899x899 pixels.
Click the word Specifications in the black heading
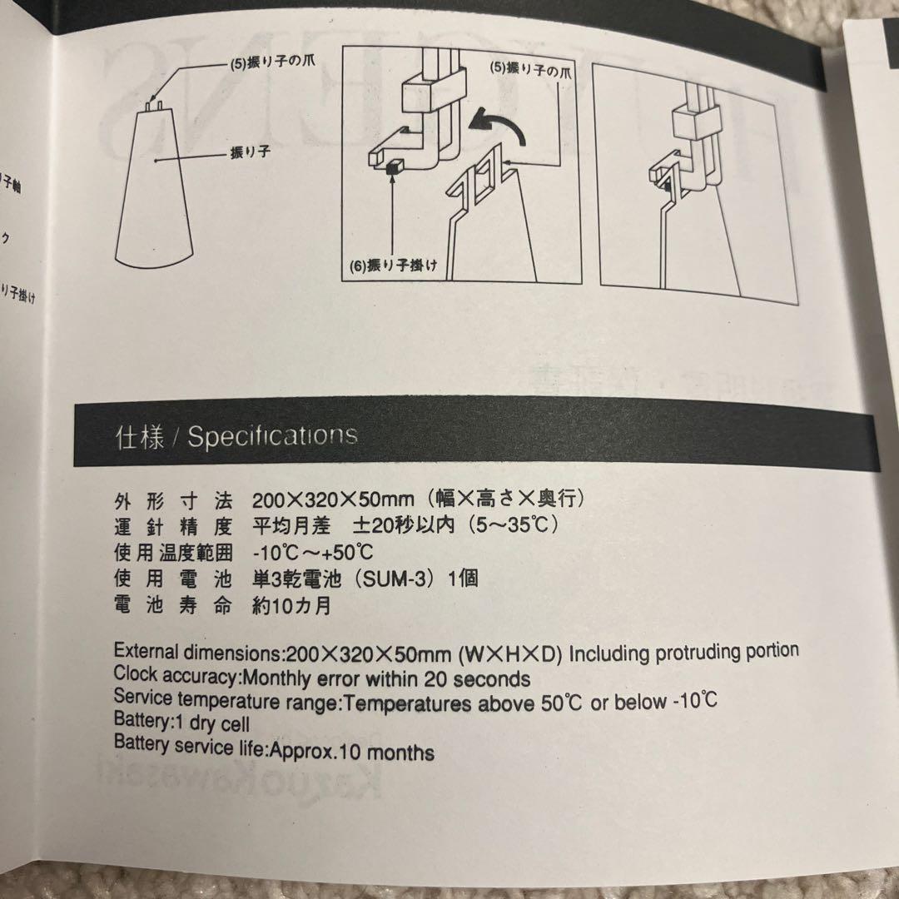tap(272, 437)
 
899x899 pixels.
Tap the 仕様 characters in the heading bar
tap(140, 438)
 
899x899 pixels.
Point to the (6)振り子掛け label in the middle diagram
tap(394, 268)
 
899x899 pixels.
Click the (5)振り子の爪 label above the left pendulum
tap(264, 63)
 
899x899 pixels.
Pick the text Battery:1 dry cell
tap(181, 723)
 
